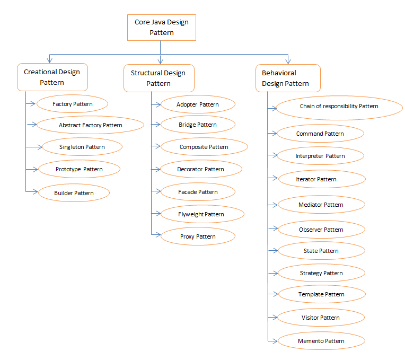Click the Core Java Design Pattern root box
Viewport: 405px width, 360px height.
[161, 28]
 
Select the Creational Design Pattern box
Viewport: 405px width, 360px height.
[52, 77]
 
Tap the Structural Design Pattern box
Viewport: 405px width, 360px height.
[159, 78]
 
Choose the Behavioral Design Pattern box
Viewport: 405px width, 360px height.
[288, 78]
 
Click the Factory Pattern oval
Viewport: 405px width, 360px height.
[73, 104]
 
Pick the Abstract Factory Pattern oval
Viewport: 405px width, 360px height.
[90, 125]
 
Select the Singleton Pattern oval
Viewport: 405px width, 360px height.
[82, 147]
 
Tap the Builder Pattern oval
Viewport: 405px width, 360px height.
[74, 193]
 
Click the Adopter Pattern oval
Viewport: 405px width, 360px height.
[197, 104]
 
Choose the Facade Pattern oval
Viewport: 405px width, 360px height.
[197, 192]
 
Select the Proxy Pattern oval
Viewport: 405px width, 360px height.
[197, 236]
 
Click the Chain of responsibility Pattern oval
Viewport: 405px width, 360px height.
[338, 107]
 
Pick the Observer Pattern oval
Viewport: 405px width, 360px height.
[321, 230]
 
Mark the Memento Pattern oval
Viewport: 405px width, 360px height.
[321, 341]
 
